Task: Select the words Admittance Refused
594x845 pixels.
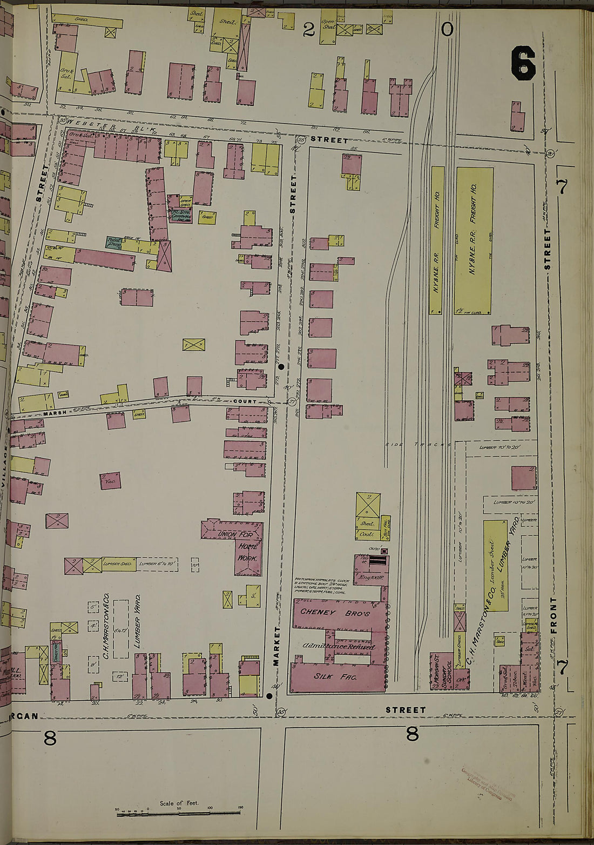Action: [339, 647]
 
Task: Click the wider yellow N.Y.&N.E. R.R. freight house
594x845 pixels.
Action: [474, 240]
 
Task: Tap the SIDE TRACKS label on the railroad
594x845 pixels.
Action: [419, 444]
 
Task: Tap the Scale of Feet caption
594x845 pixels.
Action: [179, 803]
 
